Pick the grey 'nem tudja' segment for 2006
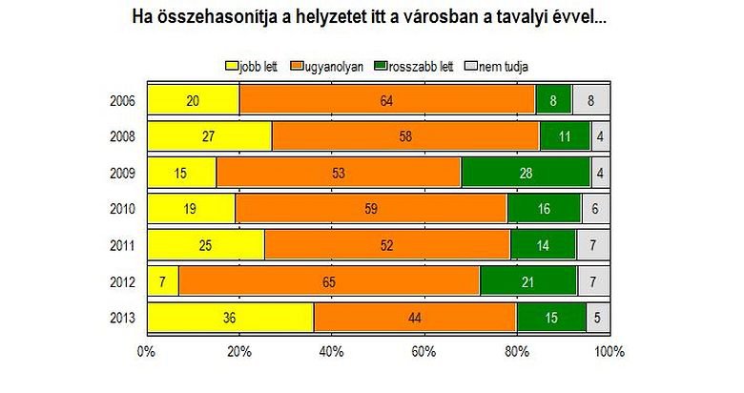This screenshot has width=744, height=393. click(x=590, y=100)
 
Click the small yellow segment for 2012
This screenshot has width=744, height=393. click(x=162, y=280)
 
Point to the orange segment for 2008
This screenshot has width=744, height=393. click(x=405, y=136)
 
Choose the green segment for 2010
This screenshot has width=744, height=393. click(x=544, y=209)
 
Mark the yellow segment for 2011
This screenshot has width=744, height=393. click(x=205, y=245)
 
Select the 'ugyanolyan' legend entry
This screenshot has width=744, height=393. click(x=330, y=66)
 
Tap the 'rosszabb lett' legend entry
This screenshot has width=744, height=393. click(x=414, y=66)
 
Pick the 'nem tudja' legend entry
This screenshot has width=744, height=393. click(x=495, y=66)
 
